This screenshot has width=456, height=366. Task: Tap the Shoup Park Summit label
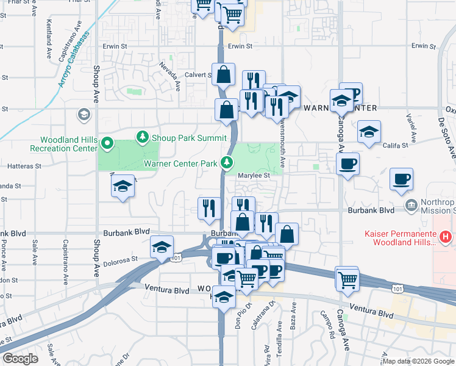point(188,137)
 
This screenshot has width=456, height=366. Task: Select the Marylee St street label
point(254,176)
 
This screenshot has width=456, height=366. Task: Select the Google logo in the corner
point(20,359)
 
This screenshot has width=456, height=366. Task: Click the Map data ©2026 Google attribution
point(418,361)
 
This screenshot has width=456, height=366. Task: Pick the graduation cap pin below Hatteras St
point(123,185)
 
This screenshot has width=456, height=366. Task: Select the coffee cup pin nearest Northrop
point(401,178)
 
